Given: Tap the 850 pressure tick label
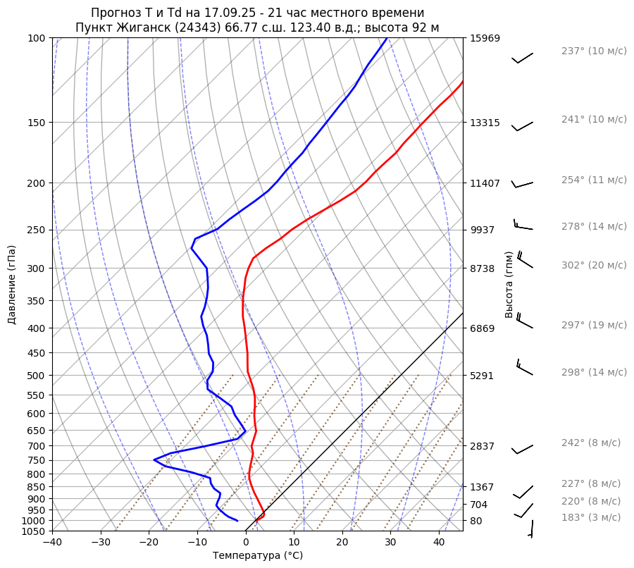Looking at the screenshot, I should point(37,487).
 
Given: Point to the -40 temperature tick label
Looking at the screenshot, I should point(52,542).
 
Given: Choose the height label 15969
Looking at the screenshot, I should point(485,38).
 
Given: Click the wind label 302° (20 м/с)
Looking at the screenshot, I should point(594,265).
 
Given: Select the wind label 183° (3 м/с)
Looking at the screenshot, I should point(591,517).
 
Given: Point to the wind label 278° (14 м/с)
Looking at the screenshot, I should point(594,226).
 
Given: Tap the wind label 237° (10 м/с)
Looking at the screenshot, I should point(594,51).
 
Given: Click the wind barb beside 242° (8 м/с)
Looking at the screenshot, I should point(522,450).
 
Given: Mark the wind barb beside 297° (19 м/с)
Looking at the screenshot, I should point(524,321).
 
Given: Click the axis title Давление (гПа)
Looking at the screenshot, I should point(12,284).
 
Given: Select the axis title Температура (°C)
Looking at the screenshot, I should point(258,556).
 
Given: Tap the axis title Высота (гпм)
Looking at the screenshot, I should point(509,284).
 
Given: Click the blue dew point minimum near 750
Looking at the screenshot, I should point(154,460).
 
